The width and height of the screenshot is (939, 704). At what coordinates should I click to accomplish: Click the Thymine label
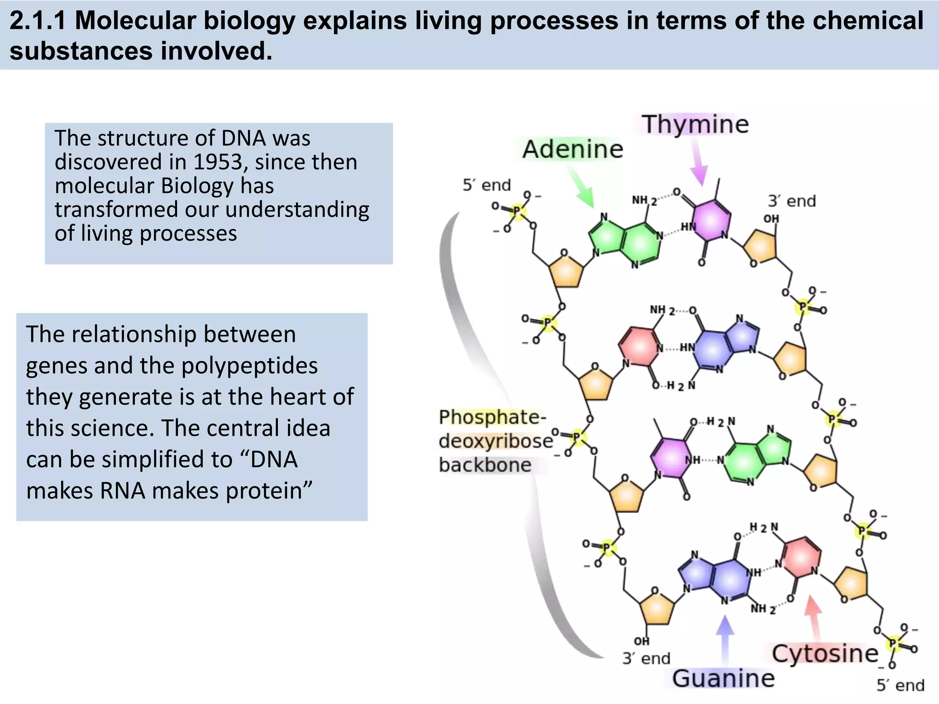[695, 124]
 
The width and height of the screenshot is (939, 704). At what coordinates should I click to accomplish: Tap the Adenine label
[573, 149]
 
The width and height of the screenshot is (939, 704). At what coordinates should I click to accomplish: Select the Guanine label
[723, 678]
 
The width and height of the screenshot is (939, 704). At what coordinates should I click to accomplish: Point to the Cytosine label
[825, 654]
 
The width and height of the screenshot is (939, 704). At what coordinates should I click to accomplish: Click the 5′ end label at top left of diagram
[486, 185]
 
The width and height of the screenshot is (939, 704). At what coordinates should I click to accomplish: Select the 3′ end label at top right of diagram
[792, 201]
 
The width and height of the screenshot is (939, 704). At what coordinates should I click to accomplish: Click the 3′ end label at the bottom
[646, 659]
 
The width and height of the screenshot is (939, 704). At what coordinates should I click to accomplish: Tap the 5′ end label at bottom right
[900, 686]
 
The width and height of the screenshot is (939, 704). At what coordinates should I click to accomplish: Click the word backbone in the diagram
[485, 465]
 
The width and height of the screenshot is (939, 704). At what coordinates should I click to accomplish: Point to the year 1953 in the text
[218, 162]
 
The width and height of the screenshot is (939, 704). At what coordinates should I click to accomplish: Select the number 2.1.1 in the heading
[38, 21]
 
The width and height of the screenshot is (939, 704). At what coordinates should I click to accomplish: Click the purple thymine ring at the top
[711, 221]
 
